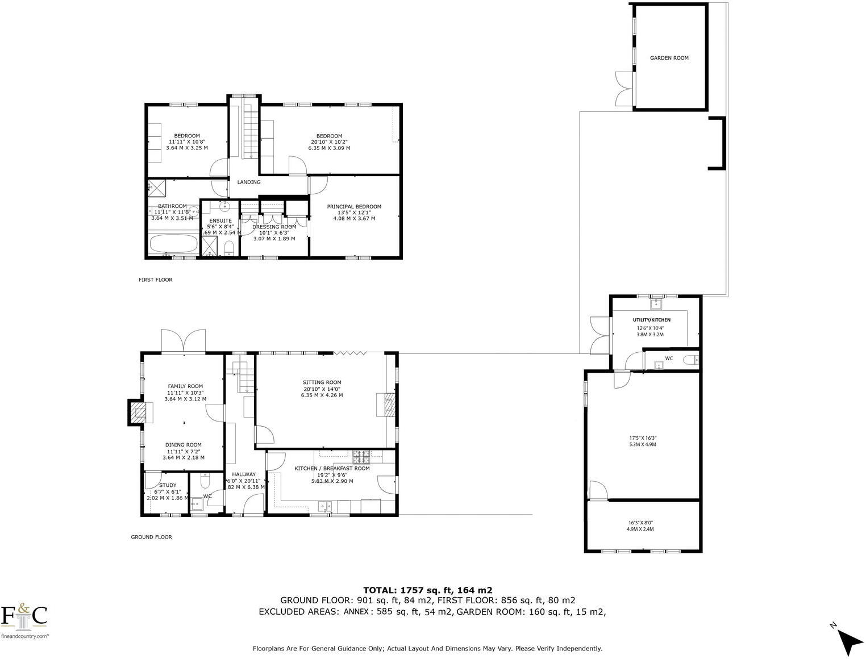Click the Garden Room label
click(x=669, y=58)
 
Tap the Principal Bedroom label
click(x=354, y=207)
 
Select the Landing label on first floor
click(x=249, y=182)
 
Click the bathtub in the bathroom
click(x=173, y=245)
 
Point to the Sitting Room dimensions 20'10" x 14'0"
click(x=322, y=389)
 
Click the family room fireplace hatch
click(x=136, y=412)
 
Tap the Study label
click(x=168, y=485)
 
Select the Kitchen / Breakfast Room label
click(x=332, y=468)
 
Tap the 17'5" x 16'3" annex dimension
click(x=643, y=438)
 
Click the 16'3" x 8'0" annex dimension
click(x=640, y=522)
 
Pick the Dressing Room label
click(x=274, y=227)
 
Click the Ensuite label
click(x=220, y=220)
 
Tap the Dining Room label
click(x=183, y=445)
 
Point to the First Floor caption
click(x=155, y=280)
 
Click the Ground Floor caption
click(x=151, y=537)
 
